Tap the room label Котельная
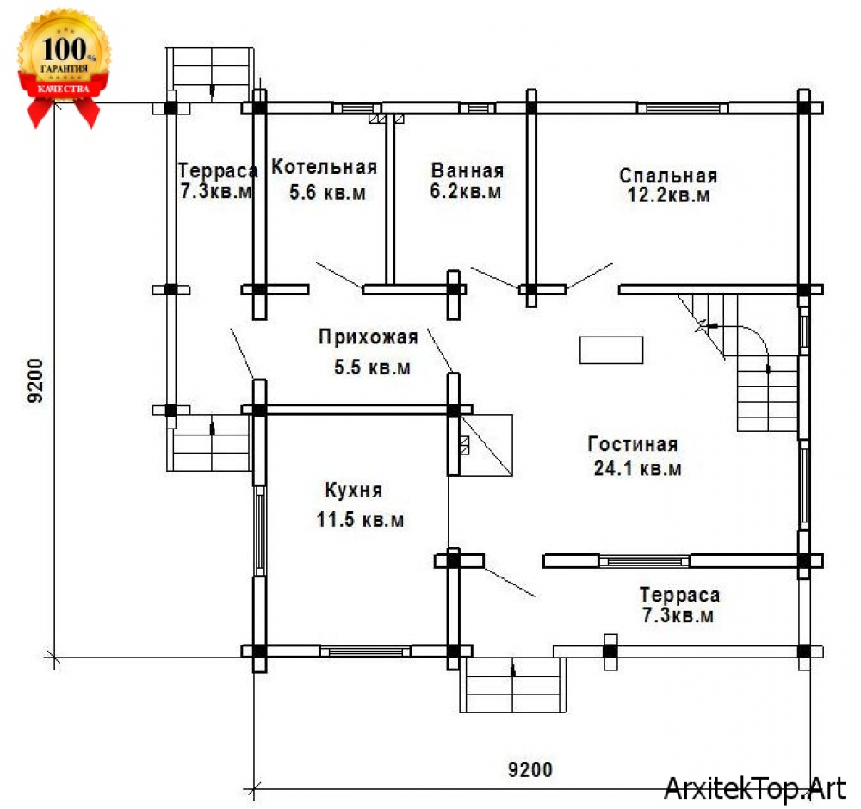click(x=325, y=167)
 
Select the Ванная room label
click(x=468, y=170)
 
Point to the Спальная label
click(x=668, y=176)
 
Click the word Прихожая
click(x=369, y=337)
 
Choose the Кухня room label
click(x=354, y=490)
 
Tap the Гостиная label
click(x=633, y=444)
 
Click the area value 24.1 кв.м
click(x=637, y=469)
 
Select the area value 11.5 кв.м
click(x=360, y=519)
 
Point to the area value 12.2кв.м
click(x=668, y=195)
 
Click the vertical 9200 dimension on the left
click(x=35, y=380)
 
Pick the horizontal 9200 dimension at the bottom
click(x=530, y=769)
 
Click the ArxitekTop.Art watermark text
click(x=754, y=788)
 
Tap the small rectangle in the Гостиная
click(x=611, y=350)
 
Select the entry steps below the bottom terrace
click(x=512, y=684)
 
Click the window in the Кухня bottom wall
click(x=365, y=652)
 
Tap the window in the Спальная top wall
click(x=683, y=108)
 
